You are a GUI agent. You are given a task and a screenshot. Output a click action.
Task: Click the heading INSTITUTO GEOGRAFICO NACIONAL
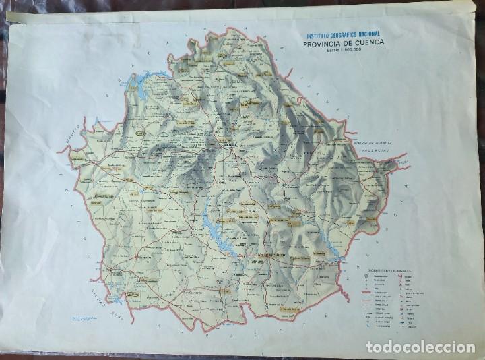[343, 34]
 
